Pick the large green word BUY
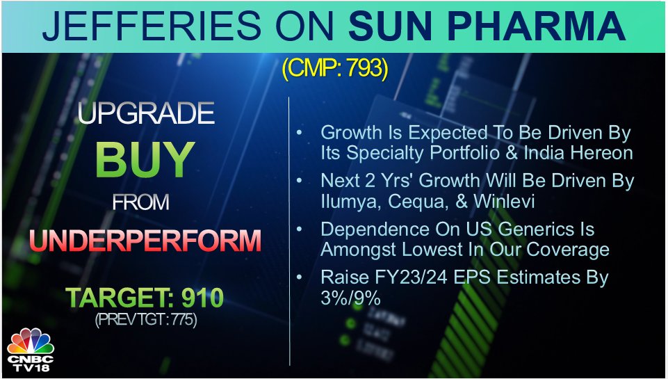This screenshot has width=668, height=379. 145,161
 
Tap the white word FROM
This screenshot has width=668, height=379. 141,202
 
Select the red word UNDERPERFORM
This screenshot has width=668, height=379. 145,241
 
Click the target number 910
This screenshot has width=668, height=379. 202,298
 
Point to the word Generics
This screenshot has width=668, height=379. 537,229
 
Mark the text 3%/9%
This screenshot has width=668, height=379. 350,298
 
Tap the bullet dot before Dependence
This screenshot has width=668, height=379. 300,229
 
